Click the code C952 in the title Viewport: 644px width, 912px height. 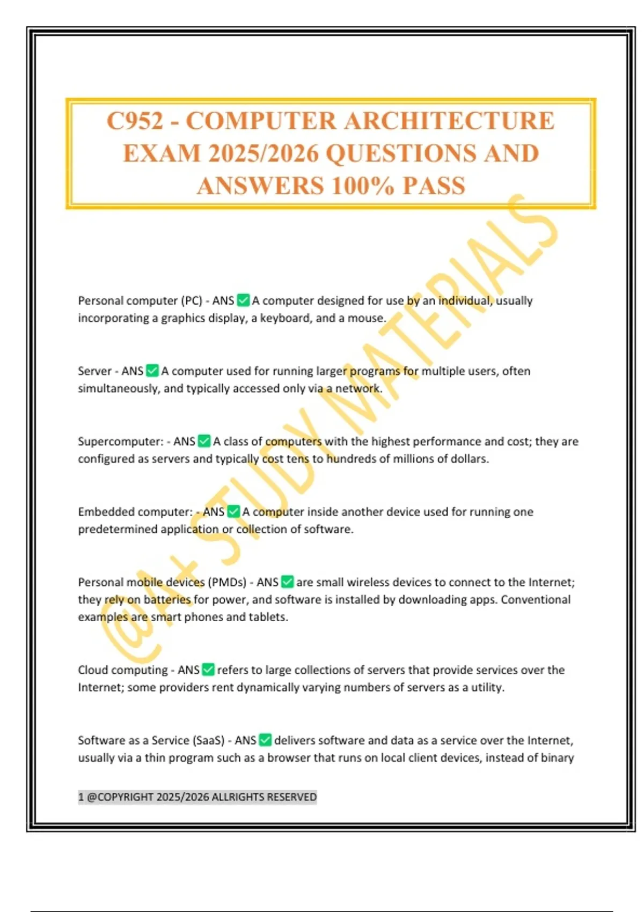135,121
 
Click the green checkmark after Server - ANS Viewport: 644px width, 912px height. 152,371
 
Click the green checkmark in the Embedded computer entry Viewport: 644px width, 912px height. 233,512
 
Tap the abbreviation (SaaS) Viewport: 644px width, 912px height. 207,740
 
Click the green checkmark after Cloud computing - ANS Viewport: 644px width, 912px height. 208,670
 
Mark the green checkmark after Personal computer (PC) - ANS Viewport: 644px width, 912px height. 243,300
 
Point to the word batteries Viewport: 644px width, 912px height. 167,600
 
